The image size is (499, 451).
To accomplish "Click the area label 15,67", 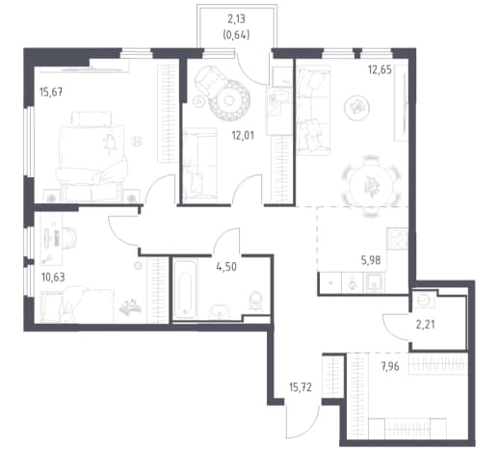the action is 51,93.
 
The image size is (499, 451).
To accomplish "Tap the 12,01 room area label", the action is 243,136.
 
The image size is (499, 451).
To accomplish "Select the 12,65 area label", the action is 380,69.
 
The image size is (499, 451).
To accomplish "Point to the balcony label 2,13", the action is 236,19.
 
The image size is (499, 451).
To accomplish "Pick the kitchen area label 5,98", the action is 371,260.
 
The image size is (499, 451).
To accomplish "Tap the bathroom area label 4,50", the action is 226,267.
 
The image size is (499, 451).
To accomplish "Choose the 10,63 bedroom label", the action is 53,277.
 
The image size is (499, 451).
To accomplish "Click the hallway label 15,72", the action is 301,387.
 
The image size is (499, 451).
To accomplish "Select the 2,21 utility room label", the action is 426,325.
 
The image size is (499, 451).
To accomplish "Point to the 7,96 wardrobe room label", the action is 390,366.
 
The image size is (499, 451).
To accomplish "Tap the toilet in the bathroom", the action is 255,302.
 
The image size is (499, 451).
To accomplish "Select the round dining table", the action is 372,185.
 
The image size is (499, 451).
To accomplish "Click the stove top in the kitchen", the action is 398,239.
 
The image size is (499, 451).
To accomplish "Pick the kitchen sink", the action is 374,282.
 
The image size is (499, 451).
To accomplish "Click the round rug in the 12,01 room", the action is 229,101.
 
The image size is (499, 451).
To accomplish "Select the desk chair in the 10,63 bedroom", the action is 68,238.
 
